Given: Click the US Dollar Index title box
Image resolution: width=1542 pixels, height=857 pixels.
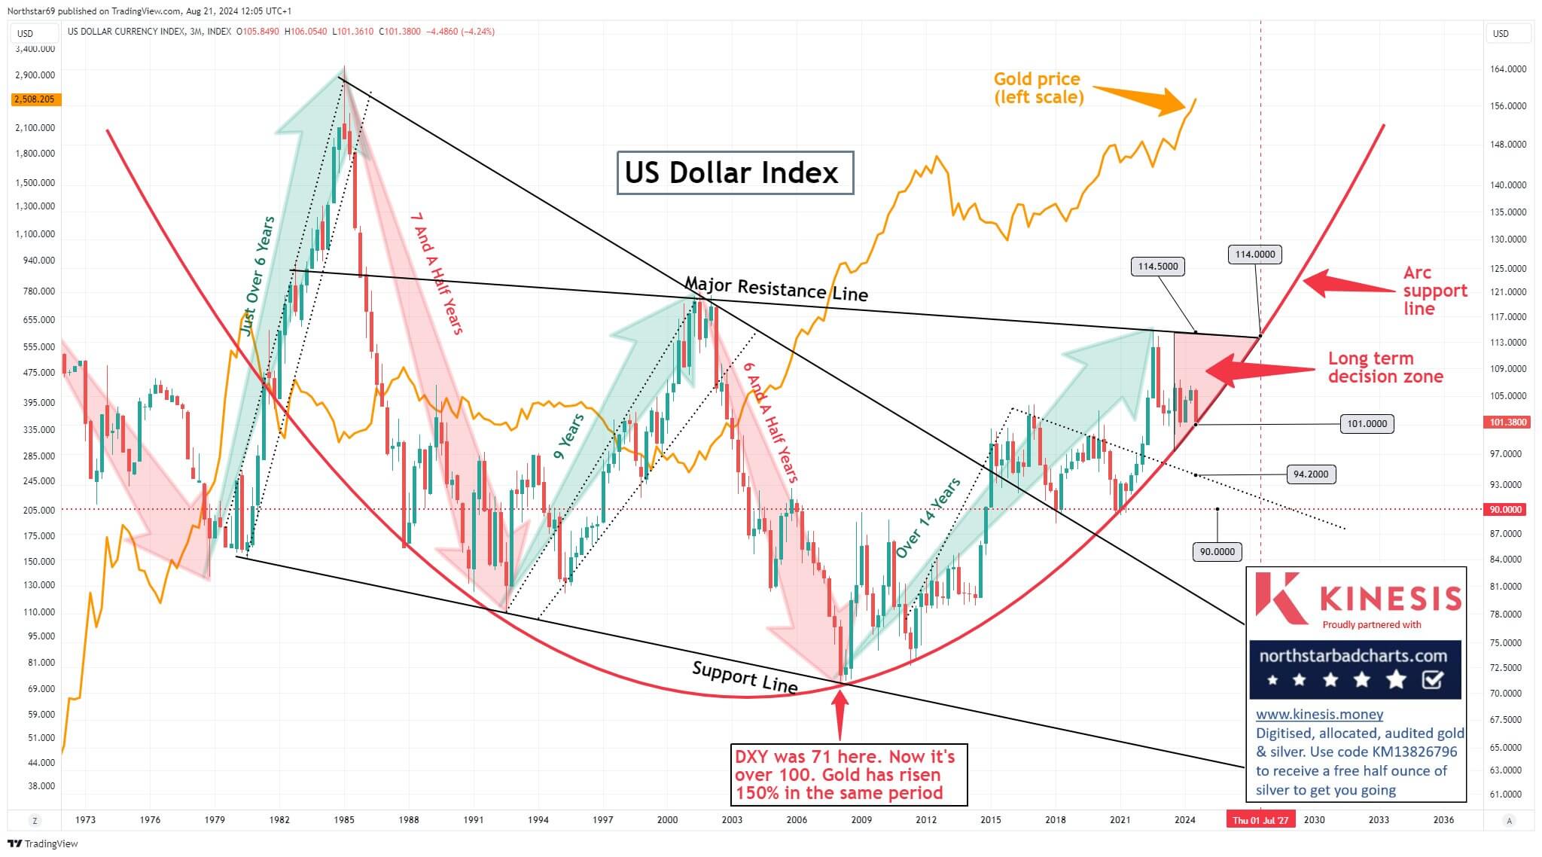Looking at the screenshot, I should click(735, 173).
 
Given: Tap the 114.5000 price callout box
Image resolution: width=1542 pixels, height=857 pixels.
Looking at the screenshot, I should click(1158, 266).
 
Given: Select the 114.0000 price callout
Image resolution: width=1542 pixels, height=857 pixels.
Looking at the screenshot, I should click(1255, 255).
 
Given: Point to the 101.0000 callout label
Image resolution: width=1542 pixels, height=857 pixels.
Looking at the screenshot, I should click(1366, 424).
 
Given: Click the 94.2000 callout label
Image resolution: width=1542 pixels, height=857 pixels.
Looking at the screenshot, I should click(1311, 474).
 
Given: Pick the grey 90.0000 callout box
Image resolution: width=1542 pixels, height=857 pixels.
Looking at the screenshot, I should click(1217, 552).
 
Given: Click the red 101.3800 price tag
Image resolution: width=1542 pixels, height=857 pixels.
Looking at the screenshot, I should click(1508, 422).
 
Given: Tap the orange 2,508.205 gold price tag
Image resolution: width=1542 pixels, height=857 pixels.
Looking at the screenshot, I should click(34, 99).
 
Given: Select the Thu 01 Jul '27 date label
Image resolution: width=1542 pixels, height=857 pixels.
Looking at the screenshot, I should click(1260, 820).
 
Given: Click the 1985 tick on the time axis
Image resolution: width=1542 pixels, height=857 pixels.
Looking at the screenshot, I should click(344, 820).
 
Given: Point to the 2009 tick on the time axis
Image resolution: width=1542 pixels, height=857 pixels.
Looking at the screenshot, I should click(861, 820).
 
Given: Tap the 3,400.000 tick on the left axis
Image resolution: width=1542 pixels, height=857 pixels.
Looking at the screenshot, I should click(35, 49).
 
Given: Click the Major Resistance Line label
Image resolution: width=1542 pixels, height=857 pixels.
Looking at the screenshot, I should click(776, 288).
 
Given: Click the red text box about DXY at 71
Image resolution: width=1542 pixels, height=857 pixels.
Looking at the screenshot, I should click(849, 774).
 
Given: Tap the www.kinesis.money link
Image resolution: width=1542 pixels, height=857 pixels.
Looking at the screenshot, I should click(1319, 714).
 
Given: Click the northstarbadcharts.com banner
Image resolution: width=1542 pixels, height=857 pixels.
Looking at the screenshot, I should click(1355, 669).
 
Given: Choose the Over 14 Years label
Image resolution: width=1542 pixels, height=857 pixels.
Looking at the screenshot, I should click(928, 518).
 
